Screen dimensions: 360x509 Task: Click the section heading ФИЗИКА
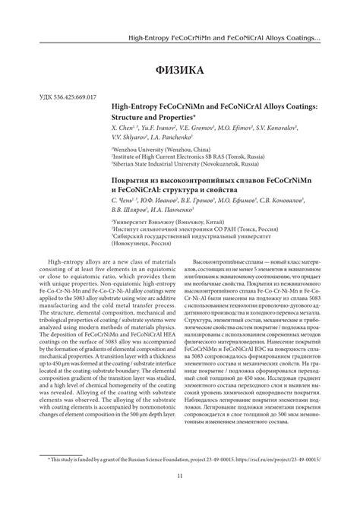tap(180, 71)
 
